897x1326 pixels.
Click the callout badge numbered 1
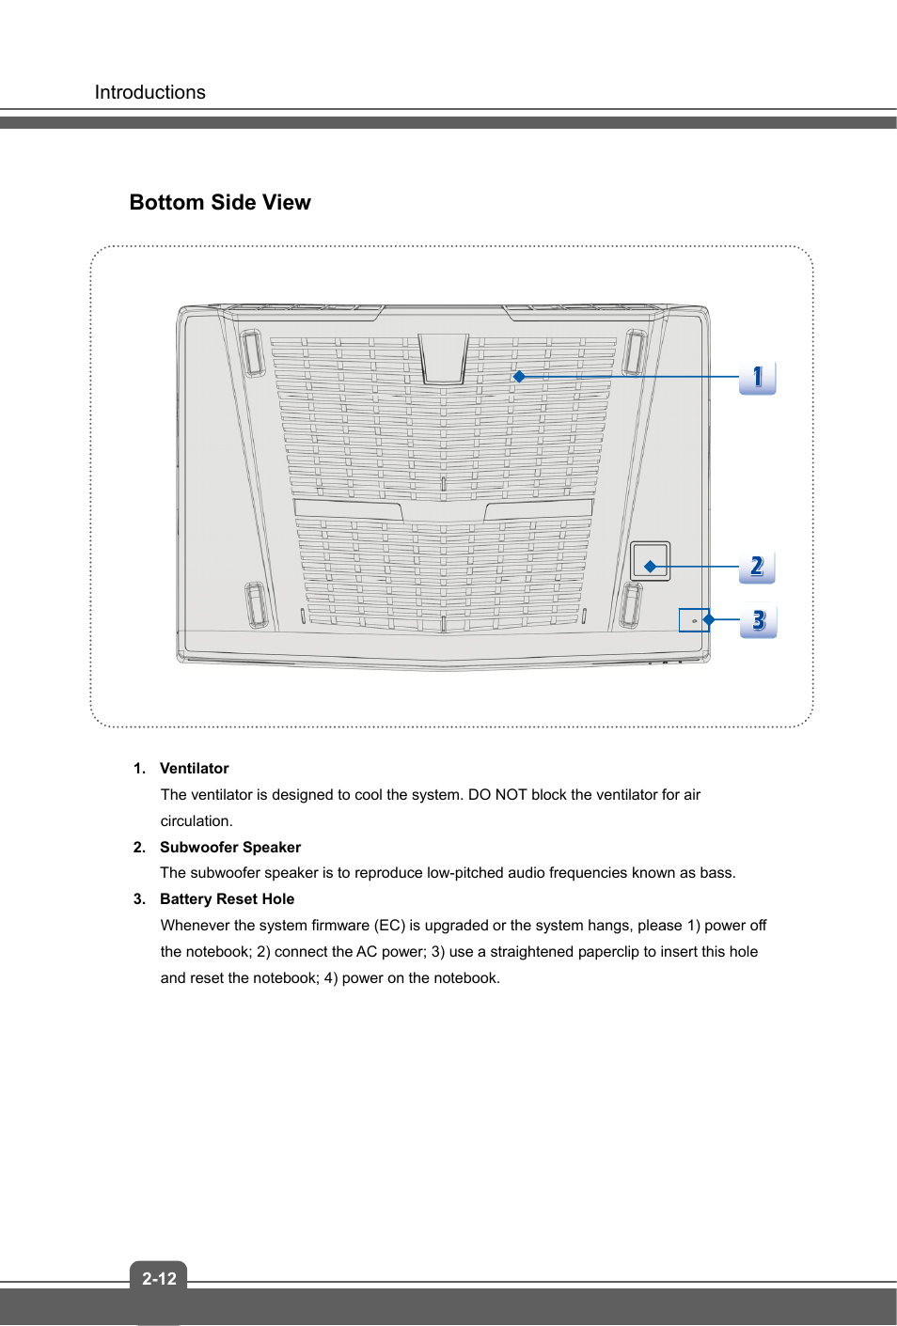pyautogui.click(x=757, y=378)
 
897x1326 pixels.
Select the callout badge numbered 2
pyautogui.click(x=757, y=567)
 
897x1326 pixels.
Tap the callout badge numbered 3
pyautogui.click(x=758, y=620)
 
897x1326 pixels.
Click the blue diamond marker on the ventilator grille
pyautogui.click(x=519, y=376)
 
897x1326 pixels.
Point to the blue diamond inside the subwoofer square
pyautogui.click(x=650, y=567)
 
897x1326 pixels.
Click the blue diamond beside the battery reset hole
pyautogui.click(x=709, y=619)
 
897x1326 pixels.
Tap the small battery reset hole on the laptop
pyautogui.click(x=694, y=621)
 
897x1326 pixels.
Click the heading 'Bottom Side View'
pyautogui.click(x=220, y=203)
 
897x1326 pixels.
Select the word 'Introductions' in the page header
pyautogui.click(x=149, y=92)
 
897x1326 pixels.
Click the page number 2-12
pyautogui.click(x=159, y=1278)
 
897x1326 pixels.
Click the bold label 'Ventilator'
pyautogui.click(x=194, y=769)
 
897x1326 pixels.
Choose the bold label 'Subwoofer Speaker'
pyautogui.click(x=230, y=848)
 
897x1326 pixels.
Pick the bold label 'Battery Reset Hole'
pyautogui.click(x=227, y=899)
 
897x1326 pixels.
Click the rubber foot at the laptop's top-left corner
pyautogui.click(x=252, y=352)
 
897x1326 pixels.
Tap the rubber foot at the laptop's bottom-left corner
pyautogui.click(x=256, y=604)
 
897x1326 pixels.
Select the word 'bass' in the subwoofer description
pyautogui.click(x=716, y=873)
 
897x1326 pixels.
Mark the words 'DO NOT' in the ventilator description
pyautogui.click(x=497, y=795)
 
